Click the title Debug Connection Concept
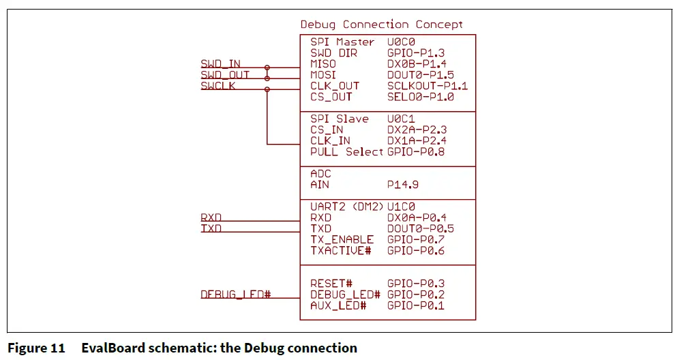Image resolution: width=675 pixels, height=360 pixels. coord(381,25)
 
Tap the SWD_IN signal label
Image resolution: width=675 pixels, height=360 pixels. coord(220,63)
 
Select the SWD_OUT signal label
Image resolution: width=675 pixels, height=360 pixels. coord(225,75)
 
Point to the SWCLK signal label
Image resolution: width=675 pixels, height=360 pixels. coord(217,86)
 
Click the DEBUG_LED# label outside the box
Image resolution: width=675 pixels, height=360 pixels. coord(235,295)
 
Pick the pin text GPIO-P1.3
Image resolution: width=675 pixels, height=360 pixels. coord(416,53)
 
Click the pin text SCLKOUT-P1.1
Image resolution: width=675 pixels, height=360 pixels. coord(427,86)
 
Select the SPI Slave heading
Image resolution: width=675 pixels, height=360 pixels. coord(340,119)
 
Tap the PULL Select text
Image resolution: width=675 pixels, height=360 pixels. coord(346,151)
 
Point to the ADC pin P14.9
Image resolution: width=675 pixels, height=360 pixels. coord(402,185)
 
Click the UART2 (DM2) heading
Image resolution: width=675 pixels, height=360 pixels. coord(346,207)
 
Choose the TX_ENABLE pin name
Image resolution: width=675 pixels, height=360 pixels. coord(342,239)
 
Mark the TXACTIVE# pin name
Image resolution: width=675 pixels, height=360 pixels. coord(340,251)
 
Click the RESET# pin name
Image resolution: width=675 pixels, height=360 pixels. coord(331,284)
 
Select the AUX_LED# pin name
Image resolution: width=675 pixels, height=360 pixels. coord(338,305)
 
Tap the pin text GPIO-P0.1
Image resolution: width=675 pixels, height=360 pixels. coord(416,305)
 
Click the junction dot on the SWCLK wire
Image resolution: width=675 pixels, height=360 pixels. coord(267,89)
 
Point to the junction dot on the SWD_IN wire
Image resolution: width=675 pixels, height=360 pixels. coord(267,67)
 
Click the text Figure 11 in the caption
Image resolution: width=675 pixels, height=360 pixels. coord(36,348)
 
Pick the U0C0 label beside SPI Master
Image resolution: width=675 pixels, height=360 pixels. coord(401,42)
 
